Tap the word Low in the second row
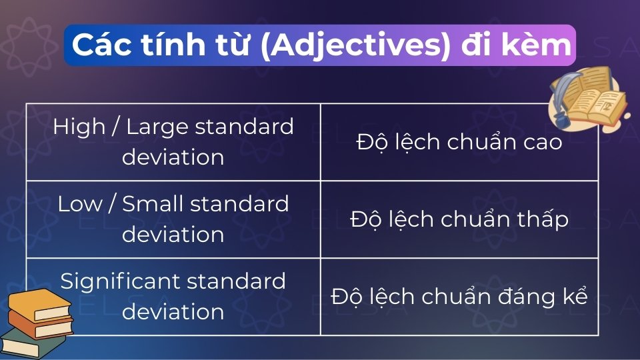79,204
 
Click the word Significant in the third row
119,281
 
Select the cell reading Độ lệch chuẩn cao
459,142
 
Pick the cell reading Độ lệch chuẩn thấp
459,219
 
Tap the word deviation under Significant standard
173,311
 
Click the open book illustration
599,100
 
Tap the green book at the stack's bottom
30,345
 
